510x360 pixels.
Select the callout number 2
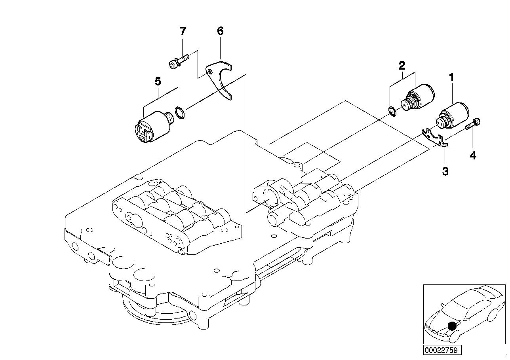(402, 65)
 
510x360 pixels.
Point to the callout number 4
(473, 155)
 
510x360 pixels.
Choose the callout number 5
(158, 82)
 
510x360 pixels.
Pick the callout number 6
(220, 31)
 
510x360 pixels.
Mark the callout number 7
(183, 31)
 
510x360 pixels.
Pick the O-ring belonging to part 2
(391, 112)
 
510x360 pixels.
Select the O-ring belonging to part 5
(179, 113)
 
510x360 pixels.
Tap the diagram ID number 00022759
(441, 350)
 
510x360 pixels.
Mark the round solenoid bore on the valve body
(268, 197)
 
